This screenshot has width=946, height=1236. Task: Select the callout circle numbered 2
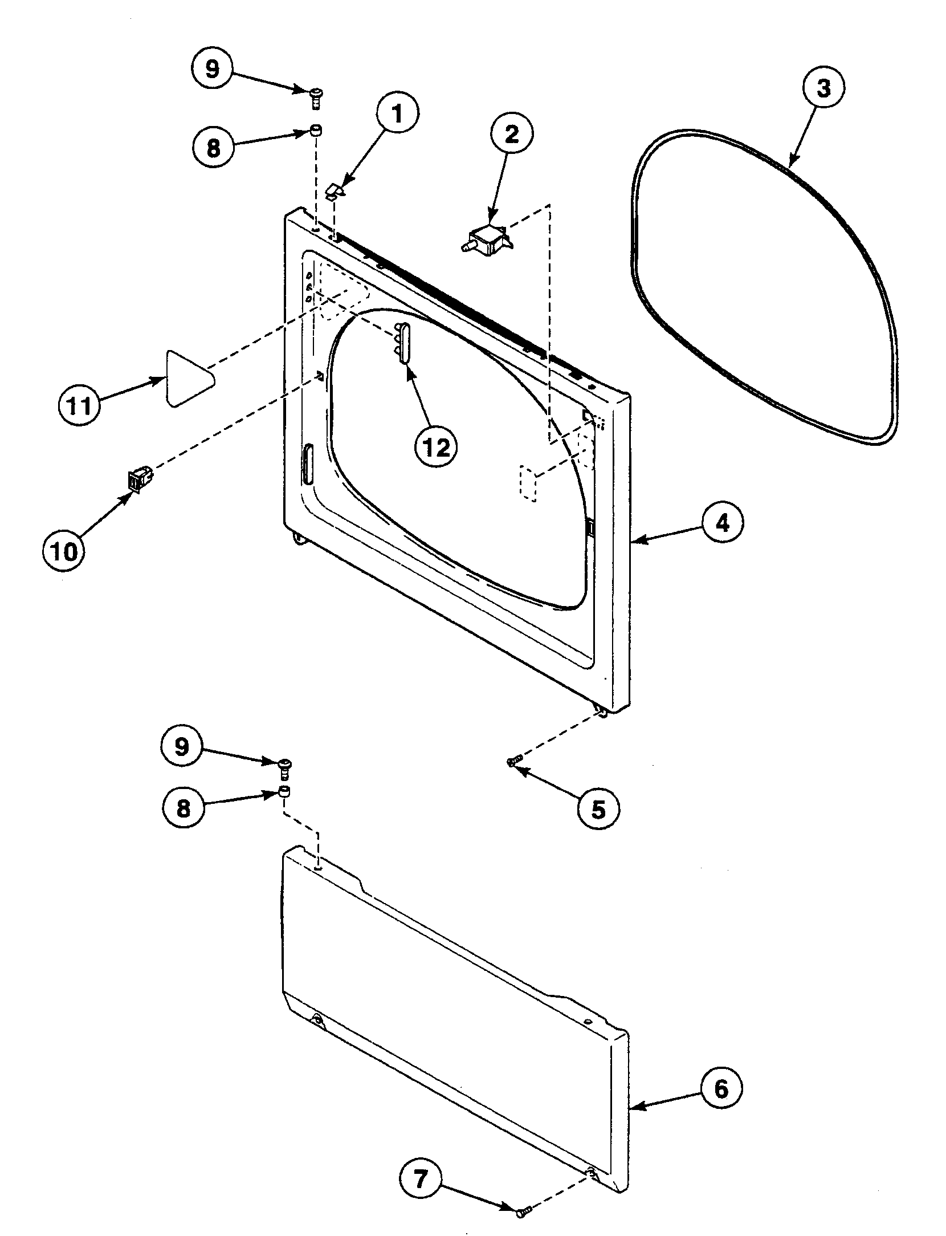pos(511,135)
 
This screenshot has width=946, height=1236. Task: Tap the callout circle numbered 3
pos(823,89)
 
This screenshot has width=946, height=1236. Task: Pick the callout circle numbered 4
pos(722,523)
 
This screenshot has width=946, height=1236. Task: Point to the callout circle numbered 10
pos(64,551)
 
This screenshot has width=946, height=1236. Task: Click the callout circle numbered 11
pos(80,406)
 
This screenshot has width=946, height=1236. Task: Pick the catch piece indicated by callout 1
pos(335,189)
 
